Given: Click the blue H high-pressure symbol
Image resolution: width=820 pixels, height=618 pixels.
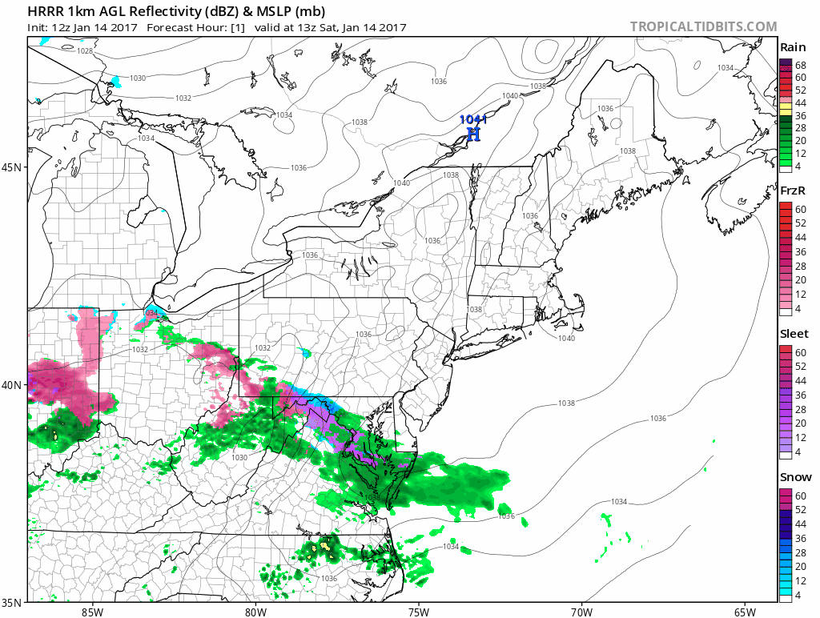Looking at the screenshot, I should [473, 134].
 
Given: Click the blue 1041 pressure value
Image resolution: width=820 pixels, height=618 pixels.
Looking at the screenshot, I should [472, 120].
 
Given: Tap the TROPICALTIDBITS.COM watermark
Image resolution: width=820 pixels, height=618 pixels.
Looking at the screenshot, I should [703, 26].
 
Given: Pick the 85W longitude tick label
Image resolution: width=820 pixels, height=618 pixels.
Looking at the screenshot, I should [92, 612].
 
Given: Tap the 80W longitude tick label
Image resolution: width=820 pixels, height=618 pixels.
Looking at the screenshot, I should [255, 612].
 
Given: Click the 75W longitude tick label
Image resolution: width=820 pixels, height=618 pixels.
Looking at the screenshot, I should [418, 612].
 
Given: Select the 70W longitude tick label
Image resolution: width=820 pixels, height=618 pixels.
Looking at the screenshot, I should [581, 612].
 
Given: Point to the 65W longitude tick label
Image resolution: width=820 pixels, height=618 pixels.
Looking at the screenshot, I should [744, 612].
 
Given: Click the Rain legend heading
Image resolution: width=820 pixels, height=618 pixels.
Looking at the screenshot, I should [793, 48].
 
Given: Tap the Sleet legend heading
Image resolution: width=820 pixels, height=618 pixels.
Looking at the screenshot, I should [794, 334].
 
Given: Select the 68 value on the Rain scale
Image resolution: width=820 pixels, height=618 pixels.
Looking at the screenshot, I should [800, 64].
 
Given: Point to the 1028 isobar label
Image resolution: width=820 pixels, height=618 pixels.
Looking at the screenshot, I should [85, 51].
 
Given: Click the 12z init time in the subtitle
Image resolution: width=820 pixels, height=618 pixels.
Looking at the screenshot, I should [61, 27].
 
